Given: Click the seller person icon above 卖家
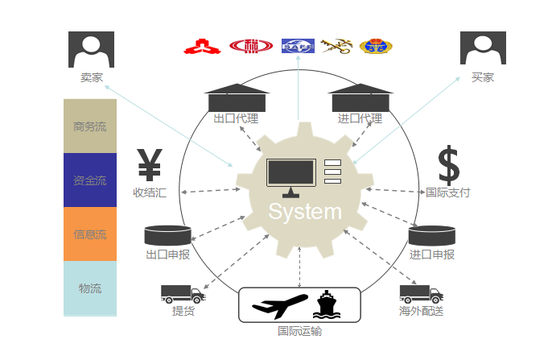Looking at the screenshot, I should click(x=92, y=49).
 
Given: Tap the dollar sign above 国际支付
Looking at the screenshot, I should click(x=448, y=165).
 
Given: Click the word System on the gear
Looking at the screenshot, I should click(x=304, y=212).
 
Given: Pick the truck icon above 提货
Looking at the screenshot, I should click(x=183, y=294).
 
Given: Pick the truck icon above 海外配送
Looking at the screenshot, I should click(x=421, y=294).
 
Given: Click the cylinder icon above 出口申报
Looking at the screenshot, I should click(x=167, y=235).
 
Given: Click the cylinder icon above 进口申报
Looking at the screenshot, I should click(x=432, y=235).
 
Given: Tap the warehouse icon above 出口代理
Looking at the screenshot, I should click(x=237, y=97).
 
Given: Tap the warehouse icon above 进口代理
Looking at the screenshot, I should click(x=360, y=97).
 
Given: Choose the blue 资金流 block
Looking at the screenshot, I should click(x=90, y=180).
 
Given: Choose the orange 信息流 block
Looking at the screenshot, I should click(x=90, y=234).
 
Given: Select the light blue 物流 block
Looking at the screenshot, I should click(x=90, y=288).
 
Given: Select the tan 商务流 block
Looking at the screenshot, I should click(x=90, y=126).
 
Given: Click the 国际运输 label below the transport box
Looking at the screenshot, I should click(x=299, y=330).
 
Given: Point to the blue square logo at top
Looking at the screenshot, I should click(x=298, y=47).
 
